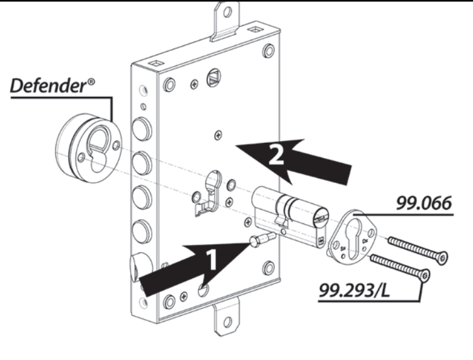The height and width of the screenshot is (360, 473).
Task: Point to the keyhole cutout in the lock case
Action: pos(212,188)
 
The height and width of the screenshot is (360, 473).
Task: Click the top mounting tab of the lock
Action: pos(226,16)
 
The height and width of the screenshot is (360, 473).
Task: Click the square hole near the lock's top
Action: pos(212,78)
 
